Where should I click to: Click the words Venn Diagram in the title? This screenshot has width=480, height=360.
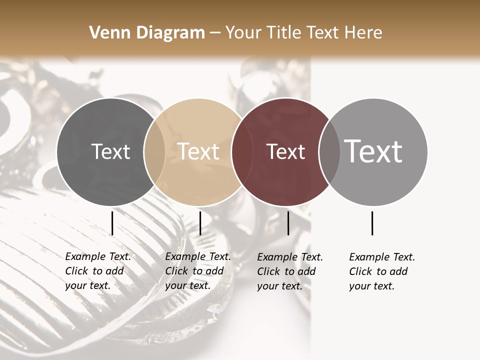tap(147, 33)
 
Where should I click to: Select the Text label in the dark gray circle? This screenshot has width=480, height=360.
tap(110, 151)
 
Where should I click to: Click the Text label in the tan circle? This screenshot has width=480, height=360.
tap(198, 151)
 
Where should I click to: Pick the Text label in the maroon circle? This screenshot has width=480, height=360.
tap(286, 151)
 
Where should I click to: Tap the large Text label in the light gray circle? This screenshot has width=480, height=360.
tap(373, 151)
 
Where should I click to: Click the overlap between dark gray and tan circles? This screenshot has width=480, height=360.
tap(154, 151)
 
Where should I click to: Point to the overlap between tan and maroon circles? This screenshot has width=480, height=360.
tap(242, 151)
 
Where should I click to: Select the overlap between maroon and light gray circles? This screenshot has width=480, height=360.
tap(329, 151)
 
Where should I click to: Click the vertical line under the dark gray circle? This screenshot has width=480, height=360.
tap(112, 223)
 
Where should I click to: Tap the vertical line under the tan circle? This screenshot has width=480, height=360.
tap(200, 223)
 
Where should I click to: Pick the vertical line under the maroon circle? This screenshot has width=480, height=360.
tap(288, 223)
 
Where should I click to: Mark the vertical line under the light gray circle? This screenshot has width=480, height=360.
tap(372, 223)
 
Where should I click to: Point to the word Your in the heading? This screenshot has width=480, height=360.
tap(243, 33)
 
